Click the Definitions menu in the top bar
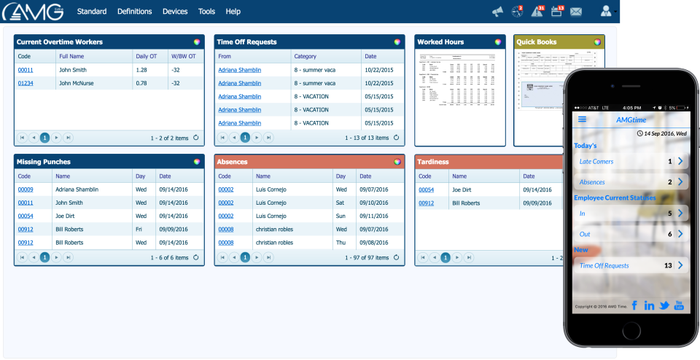[134, 12]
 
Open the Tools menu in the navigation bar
[206, 12]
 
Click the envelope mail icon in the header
[576, 12]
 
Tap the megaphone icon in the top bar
[497, 12]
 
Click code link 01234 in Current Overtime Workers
[26, 83]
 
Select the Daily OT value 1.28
[141, 70]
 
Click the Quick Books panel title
[537, 42]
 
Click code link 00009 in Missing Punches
[26, 189]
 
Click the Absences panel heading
[233, 162]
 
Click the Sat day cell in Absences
[341, 203]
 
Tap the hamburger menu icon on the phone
[582, 120]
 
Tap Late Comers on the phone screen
[596, 161]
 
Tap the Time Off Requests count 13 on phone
[668, 266]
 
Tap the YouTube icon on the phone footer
[679, 305]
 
